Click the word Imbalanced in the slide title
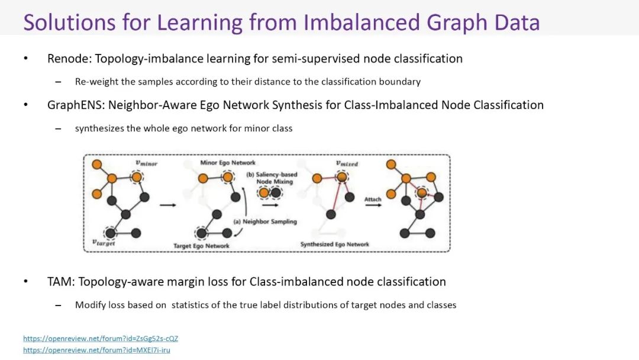[x=362, y=22]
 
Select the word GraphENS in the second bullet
[x=75, y=105]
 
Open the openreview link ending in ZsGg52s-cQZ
[x=101, y=339]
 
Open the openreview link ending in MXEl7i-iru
[x=96, y=350]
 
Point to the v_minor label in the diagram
[x=146, y=163]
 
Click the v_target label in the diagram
[x=104, y=242]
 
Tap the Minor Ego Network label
[x=228, y=162]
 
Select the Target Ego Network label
[x=201, y=246]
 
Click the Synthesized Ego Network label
[x=334, y=244]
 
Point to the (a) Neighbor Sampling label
[x=265, y=221]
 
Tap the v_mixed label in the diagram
[x=347, y=163]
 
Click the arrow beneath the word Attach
[x=373, y=205]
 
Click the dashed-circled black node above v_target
[x=110, y=233]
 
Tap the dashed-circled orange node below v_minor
[x=137, y=177]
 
